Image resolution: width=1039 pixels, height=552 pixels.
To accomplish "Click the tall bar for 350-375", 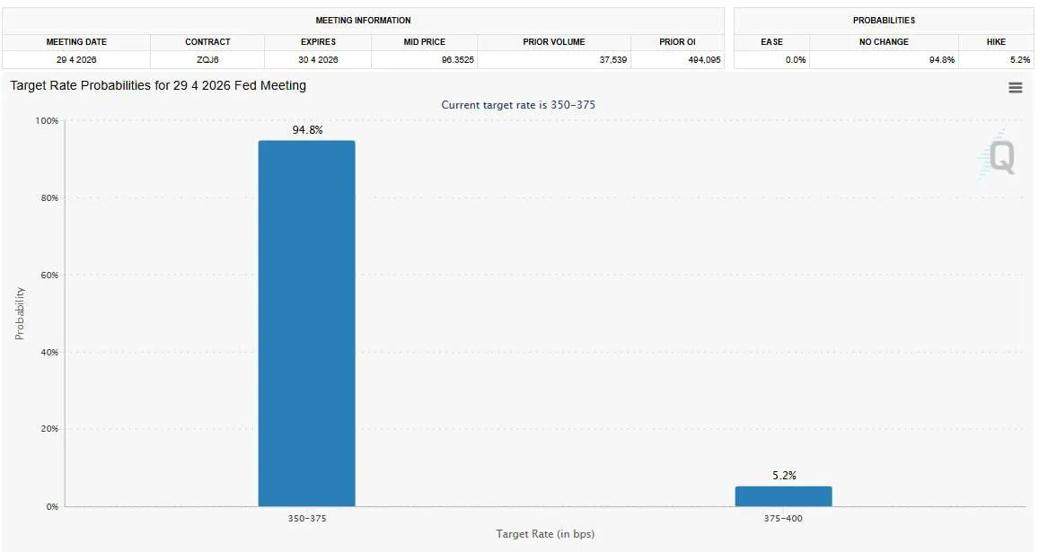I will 306,323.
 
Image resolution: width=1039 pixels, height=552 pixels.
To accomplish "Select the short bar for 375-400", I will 783,496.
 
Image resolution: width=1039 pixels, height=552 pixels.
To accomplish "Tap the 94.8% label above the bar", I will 307,130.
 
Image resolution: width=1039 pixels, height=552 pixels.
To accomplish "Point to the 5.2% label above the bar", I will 784,476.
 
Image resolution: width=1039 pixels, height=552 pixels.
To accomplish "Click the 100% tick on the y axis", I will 47,121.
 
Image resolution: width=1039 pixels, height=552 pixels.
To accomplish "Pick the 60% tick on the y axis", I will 48,276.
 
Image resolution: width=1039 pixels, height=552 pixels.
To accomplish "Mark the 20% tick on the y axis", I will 48,429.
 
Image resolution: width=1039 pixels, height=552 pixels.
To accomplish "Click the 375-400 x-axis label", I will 783,518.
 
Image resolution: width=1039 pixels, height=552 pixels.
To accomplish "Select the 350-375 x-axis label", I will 306,518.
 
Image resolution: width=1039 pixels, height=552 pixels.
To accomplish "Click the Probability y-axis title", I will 20,313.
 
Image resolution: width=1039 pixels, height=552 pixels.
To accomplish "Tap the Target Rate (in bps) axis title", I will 545,534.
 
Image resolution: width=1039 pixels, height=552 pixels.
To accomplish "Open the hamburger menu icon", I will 1016,87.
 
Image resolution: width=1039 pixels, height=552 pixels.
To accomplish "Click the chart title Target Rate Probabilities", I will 158,85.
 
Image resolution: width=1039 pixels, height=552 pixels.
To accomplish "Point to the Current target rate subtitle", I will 518,105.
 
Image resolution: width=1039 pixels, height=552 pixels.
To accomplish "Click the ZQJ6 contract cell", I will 207,60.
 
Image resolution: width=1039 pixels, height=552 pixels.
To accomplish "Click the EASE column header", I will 771,41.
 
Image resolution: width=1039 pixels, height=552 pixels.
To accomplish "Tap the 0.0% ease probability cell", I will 795,60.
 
